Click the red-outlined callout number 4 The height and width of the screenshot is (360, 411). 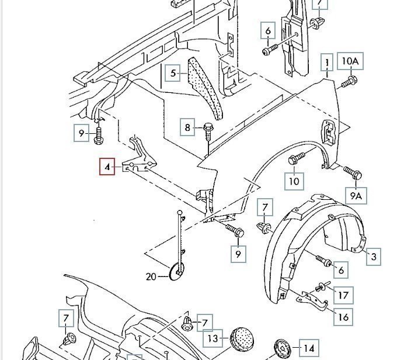[x=107, y=168]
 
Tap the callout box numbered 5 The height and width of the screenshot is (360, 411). [x=173, y=74]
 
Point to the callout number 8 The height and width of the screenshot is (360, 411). [x=188, y=127]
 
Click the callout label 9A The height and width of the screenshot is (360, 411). [x=356, y=196]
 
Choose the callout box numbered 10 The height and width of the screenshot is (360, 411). [x=294, y=181]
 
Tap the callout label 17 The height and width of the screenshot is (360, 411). [x=344, y=295]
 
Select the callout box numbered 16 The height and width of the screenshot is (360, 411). [x=343, y=317]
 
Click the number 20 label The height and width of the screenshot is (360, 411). [x=151, y=276]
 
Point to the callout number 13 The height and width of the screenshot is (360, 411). [x=213, y=338]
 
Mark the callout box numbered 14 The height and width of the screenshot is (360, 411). [x=309, y=347]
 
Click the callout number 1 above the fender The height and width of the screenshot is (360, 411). [x=327, y=63]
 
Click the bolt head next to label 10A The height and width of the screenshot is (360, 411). [x=351, y=79]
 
